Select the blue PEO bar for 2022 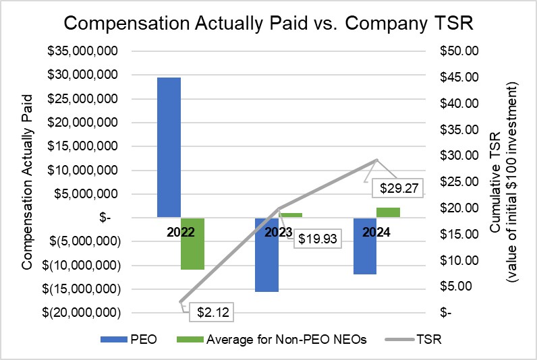point(169,147)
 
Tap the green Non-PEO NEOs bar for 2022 point(193,243)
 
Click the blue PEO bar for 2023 point(266,254)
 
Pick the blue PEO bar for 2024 point(364,245)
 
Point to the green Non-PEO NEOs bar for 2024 point(389,212)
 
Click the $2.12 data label point(210,311)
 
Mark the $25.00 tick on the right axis point(458,182)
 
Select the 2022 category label point(180,233)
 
